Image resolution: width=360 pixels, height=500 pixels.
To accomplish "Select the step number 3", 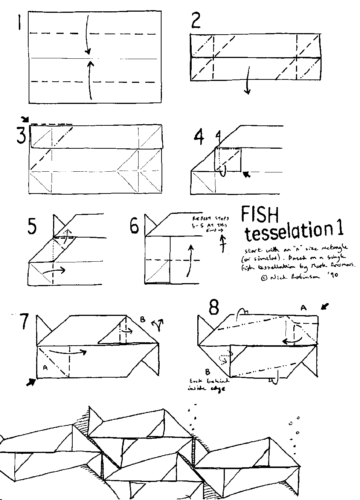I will (x=21, y=137).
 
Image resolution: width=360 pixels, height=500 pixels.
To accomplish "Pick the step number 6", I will (x=134, y=227).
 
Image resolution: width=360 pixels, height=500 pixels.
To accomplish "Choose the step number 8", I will (x=214, y=309).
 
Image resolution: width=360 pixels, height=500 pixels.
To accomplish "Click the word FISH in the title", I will (x=260, y=216).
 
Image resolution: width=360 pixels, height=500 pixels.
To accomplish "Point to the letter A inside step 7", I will (x=45, y=368).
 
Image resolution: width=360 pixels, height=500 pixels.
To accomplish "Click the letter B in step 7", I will (x=142, y=320).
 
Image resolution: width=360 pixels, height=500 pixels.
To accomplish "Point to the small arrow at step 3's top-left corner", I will (x=25, y=119).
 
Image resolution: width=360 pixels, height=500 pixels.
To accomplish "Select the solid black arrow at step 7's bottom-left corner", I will (x=31, y=382).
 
